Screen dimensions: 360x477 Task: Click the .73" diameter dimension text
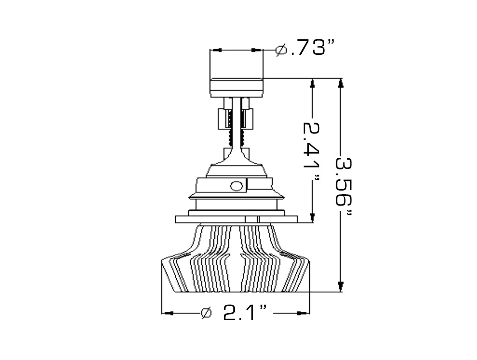coord(313,48)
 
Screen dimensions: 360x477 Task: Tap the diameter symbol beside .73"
coord(281,50)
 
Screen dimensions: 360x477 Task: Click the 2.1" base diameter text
coord(245,313)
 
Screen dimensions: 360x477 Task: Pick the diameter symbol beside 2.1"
coord(206,313)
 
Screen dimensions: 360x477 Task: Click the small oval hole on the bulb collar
coord(237,186)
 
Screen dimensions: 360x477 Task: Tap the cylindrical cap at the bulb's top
coord(236,87)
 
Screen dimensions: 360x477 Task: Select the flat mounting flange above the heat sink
coord(236,219)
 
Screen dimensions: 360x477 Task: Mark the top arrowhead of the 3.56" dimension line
coord(341,83)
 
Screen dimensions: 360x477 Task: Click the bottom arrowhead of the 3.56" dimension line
coord(341,287)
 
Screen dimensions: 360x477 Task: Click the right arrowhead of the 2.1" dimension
coord(304,313)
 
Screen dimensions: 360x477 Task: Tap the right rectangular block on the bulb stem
coord(248,118)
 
